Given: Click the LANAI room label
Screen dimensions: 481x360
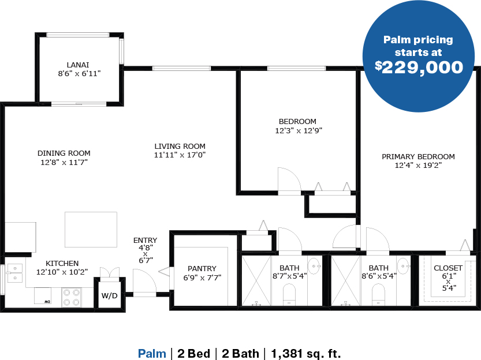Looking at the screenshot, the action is tap(78, 65).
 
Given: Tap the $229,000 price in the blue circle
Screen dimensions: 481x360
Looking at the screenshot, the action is tap(419, 67).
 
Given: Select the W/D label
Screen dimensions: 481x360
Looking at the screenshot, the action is tap(110, 295).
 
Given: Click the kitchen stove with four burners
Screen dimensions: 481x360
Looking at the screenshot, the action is tap(72, 297).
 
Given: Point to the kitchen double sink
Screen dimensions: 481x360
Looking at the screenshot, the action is tap(14, 273).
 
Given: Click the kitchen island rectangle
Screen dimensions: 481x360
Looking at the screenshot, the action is tap(91, 230).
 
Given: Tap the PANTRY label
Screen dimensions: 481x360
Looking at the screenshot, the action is tap(202, 269).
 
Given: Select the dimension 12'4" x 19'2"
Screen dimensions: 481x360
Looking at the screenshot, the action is tap(418, 166).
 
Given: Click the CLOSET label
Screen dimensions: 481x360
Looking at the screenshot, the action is tap(448, 268).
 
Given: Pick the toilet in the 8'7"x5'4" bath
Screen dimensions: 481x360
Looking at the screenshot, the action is tap(289, 294).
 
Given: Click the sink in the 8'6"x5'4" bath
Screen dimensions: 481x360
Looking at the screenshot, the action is tap(404, 265).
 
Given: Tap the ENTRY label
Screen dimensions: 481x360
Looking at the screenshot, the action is tap(145, 240).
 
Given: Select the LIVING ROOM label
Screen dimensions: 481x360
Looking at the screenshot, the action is tap(180, 147).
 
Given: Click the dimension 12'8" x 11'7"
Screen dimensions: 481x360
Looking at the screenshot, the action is tap(64, 162).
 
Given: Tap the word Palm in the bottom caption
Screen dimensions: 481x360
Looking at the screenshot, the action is tap(152, 353).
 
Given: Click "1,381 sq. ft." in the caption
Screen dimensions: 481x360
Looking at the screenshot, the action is tap(306, 354).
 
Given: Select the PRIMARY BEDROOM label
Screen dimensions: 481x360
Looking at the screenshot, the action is tap(418, 156).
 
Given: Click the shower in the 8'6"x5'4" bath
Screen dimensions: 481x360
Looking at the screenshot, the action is tap(346, 280).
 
